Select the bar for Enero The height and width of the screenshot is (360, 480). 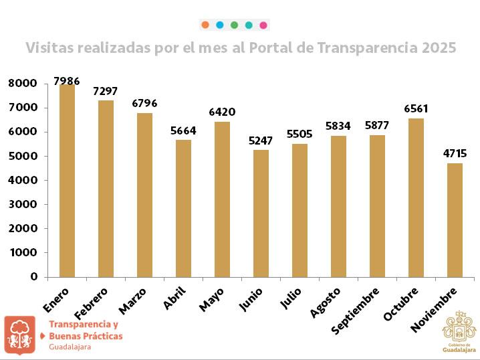tap(67, 181)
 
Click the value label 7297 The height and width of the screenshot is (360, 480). tap(106, 91)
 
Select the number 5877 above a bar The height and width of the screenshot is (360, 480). tap(377, 126)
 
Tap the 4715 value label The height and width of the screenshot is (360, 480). tap(455, 154)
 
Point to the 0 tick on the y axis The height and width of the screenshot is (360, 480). tap(33, 276)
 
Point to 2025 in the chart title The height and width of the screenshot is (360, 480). tap(439, 48)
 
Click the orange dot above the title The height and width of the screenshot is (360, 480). tap(205, 25)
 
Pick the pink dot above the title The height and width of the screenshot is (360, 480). tap(263, 25)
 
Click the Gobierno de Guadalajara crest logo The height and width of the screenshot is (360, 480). tap(460, 331)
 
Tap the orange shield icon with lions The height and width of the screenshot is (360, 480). tap(20, 335)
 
